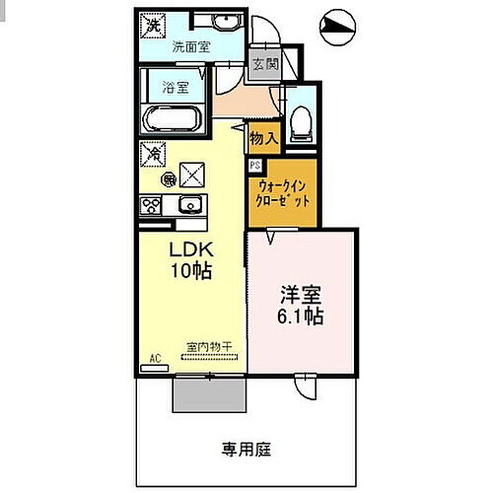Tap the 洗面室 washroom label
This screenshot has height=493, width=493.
191,46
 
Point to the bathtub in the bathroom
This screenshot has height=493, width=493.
173,120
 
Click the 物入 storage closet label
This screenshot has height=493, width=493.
262,137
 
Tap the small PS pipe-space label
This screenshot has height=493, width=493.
254,166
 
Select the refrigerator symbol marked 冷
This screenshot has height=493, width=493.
154,155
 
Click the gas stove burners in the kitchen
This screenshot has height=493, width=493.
152,205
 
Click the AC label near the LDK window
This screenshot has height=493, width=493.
154,360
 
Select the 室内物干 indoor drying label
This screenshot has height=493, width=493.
208,347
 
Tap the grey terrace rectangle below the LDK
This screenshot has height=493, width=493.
208,392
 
